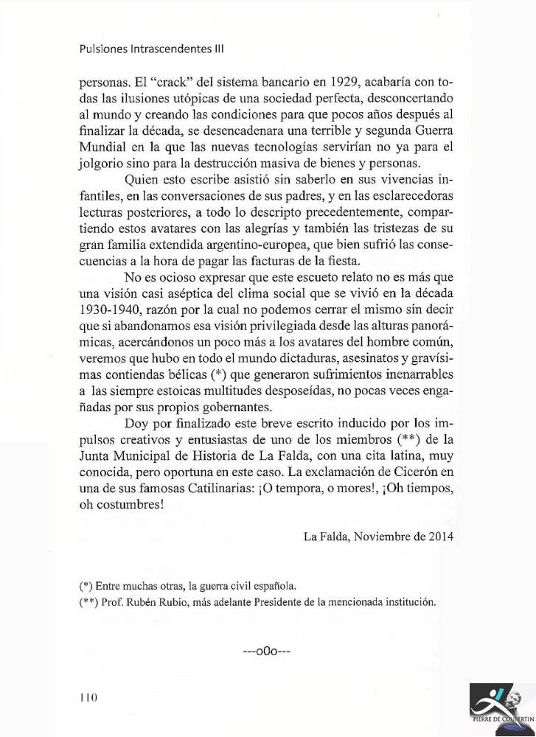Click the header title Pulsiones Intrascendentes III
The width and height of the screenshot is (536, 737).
[151, 49]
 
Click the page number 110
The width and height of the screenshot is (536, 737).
[88, 697]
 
